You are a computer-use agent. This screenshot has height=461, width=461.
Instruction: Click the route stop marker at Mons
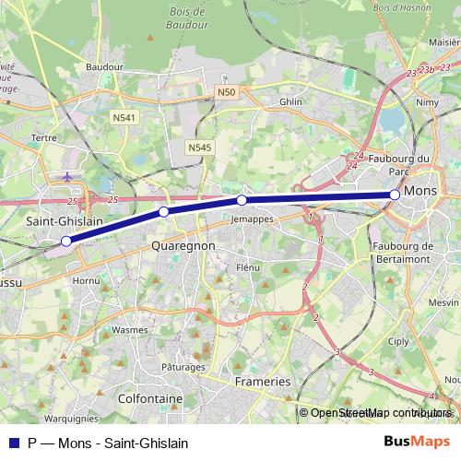395,195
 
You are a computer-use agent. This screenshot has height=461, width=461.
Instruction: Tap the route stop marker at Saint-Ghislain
66,242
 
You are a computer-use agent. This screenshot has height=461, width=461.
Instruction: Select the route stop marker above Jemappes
242,200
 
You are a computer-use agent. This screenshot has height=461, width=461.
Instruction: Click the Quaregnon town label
183,246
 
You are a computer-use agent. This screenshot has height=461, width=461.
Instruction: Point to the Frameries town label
261,381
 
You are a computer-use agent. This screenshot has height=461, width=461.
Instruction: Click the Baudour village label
103,67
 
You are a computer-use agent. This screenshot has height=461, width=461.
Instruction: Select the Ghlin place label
290,102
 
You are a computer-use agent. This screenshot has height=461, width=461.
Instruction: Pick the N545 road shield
198,147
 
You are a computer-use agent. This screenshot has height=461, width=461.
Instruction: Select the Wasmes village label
129,328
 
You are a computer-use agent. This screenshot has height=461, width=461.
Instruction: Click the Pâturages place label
183,367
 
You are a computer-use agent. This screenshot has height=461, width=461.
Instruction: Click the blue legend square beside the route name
11,443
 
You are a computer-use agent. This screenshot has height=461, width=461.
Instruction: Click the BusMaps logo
417,442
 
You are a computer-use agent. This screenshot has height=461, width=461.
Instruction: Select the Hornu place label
87,279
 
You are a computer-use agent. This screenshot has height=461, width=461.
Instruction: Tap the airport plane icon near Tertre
67,174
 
